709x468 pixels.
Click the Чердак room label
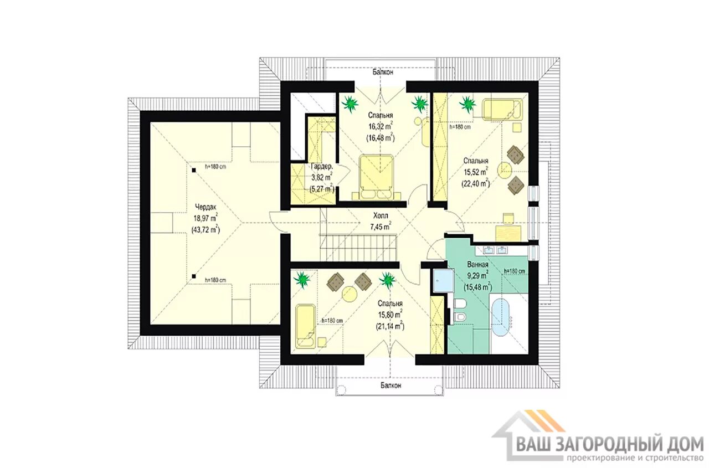click(x=205, y=207)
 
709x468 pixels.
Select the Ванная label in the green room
click(x=477, y=265)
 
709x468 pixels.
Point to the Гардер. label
click(x=322, y=167)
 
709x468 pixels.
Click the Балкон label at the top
click(x=383, y=72)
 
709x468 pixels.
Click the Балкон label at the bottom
click(x=391, y=385)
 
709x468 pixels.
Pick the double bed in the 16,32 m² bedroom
click(x=376, y=177)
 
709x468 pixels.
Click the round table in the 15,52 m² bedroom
click(x=505, y=170)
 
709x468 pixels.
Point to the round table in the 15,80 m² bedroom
click(x=350, y=294)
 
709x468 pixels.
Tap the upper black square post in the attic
click(x=194, y=170)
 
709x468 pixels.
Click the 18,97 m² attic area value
click(x=205, y=218)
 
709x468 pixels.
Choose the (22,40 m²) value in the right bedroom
click(x=476, y=183)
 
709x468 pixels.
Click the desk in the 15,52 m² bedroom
click(x=508, y=233)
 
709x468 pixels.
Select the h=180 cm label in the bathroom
click(x=515, y=271)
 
